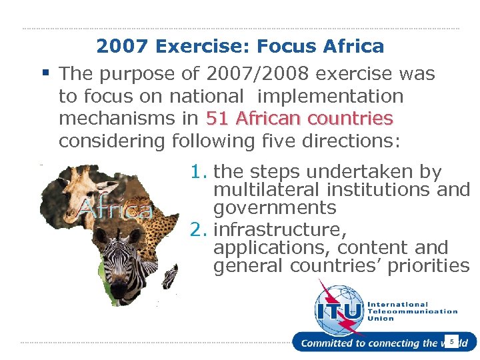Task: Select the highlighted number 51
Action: click(218, 119)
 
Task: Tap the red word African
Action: click(266, 119)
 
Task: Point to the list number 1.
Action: click(198, 172)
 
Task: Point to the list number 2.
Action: click(198, 230)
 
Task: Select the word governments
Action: click(275, 208)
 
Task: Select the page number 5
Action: click(451, 342)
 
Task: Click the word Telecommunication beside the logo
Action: click(412, 311)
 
